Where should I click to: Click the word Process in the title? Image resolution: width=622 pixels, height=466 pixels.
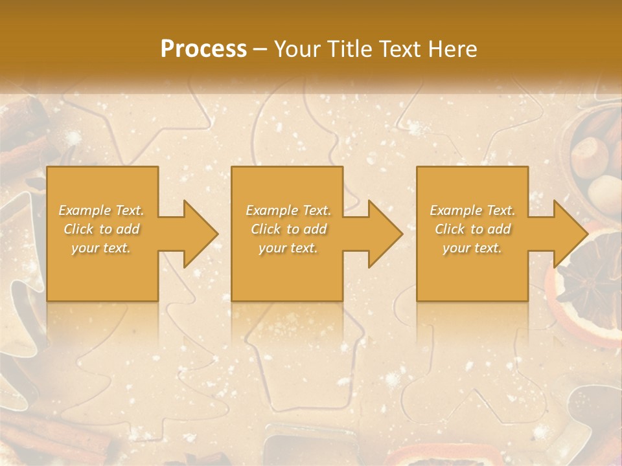tap(203, 49)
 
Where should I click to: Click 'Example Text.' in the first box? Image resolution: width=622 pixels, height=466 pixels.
tap(102, 210)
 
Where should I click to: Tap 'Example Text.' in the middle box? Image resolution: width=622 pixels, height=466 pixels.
tap(288, 210)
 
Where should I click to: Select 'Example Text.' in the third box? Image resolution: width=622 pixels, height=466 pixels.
tap(472, 210)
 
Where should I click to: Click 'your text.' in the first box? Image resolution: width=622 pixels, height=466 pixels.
tap(101, 248)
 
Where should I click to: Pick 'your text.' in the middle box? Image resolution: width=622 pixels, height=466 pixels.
tap(288, 248)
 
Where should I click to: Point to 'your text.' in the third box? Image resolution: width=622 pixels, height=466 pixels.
tap(472, 248)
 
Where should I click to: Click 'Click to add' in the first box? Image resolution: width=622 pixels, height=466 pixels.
tap(102, 229)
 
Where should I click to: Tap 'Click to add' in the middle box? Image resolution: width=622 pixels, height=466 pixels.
tap(288, 229)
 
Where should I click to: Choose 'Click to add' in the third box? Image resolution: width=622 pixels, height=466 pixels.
tap(472, 229)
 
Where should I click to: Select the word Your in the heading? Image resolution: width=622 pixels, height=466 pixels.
tap(295, 49)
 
